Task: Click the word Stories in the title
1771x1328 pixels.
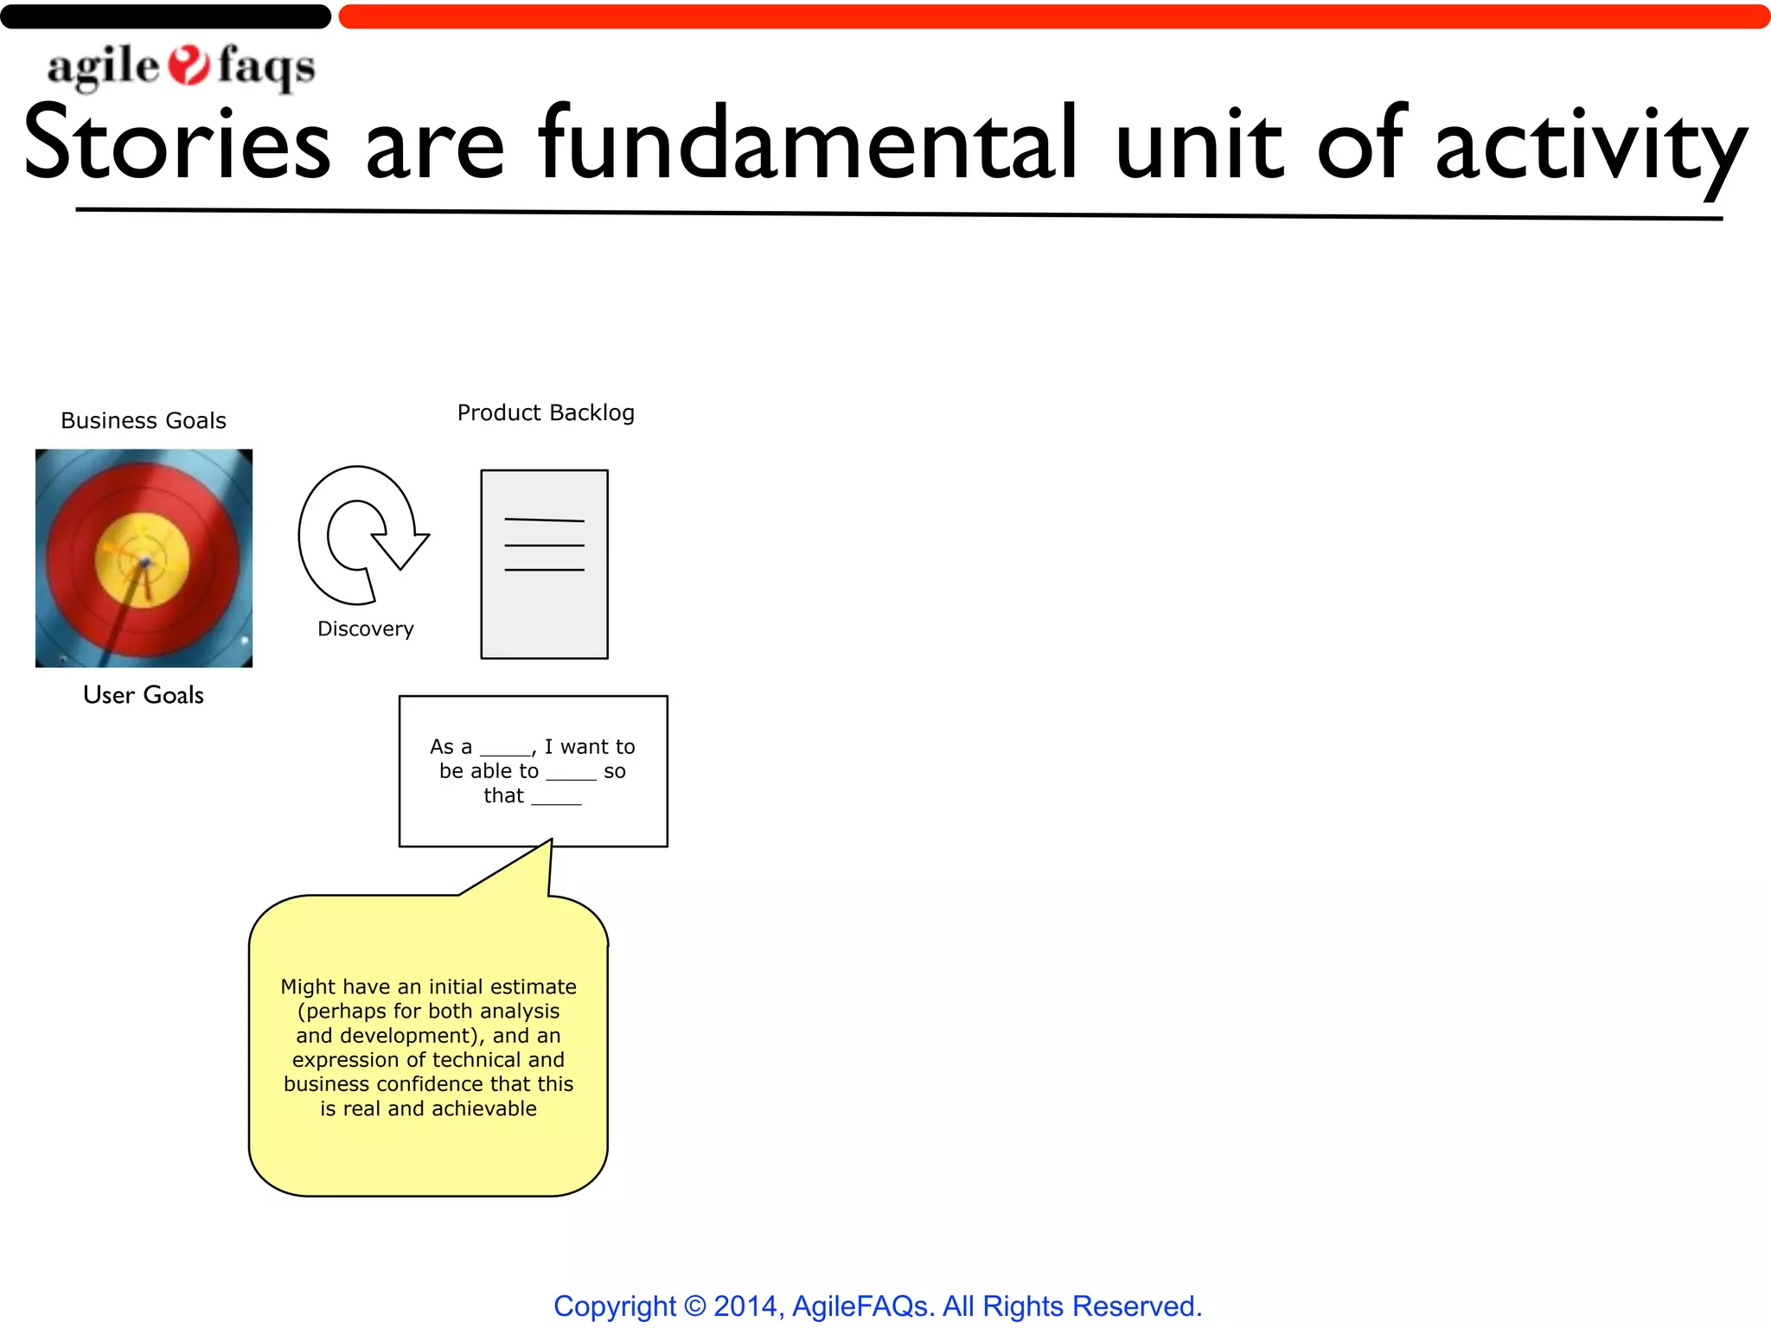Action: [x=177, y=143]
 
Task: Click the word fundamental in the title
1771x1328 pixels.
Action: [x=808, y=143]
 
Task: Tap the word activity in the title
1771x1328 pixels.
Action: [x=1591, y=147]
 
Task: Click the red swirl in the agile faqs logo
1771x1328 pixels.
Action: [x=189, y=66]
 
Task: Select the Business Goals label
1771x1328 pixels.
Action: [x=144, y=421]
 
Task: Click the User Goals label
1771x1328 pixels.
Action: [x=144, y=695]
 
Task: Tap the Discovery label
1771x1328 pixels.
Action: [x=366, y=629]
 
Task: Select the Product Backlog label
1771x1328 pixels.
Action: [x=546, y=413]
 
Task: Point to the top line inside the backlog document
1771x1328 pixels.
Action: [x=544, y=520]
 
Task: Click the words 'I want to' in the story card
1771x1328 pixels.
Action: [x=590, y=747]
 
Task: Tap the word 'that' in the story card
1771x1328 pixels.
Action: [x=503, y=796]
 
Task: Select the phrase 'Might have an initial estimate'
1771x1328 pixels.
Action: [x=428, y=987]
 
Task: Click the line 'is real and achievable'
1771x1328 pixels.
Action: [x=428, y=1109]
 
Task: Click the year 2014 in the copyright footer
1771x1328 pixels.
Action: [x=745, y=1306]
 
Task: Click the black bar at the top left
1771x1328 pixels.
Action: [x=164, y=16]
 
